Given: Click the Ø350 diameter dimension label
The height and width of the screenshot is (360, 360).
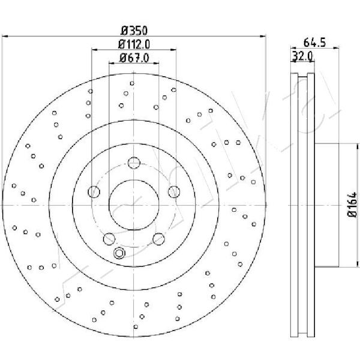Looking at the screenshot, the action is tap(134, 31).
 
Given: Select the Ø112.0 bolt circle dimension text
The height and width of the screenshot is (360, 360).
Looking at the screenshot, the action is tap(134, 44).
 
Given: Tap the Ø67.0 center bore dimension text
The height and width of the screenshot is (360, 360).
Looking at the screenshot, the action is tap(134, 58).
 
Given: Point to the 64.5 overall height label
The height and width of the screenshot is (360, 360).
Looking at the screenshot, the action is tap(314, 43).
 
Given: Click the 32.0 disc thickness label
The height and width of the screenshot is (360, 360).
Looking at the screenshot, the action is tap(302, 56).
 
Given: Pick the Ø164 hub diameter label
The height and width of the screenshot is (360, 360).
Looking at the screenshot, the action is tap(352, 205).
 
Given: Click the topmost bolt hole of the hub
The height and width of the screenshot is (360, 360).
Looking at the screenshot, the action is tap(134, 163).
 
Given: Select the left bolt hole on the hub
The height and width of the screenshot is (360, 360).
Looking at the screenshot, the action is tap(94, 192).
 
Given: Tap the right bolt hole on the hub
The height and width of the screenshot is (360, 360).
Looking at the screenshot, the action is tap(174, 192).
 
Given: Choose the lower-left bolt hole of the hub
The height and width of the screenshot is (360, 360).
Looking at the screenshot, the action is tap(109, 239).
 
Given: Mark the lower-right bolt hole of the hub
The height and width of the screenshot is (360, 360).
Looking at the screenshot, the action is tap(158, 239).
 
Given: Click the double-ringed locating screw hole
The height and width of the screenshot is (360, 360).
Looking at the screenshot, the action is tap(119, 253).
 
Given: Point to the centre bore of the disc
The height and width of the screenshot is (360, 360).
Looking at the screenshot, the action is tap(134, 205).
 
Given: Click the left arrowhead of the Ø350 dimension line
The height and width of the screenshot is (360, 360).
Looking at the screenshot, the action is tap(5, 36).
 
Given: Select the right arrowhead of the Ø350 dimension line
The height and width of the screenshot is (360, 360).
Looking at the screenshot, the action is tap(263, 36).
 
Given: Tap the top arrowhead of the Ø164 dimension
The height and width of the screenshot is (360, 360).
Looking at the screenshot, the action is tap(358, 147).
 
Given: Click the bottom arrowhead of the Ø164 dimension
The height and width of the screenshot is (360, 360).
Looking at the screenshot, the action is tap(358, 264).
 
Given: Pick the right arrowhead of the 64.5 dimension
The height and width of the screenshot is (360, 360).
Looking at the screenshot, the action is tap(336, 48).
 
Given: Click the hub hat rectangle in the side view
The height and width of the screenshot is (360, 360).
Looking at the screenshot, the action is tap(326, 205).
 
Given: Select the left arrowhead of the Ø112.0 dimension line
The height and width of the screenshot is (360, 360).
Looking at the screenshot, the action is tap(95, 49).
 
